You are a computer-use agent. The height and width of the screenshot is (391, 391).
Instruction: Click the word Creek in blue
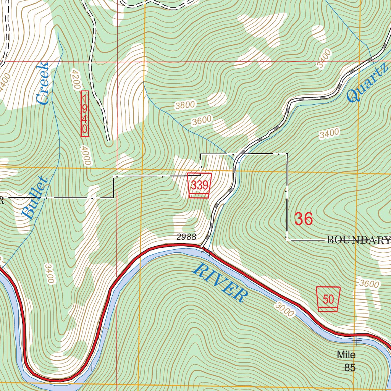pos(42,84)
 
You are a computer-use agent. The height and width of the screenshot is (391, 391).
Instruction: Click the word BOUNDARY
pos(359,240)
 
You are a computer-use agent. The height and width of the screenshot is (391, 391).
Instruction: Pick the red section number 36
pos(304,219)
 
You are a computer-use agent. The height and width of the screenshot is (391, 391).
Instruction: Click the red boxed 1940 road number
pos(85,113)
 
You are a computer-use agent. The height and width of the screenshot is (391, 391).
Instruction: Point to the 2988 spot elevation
pos(187,237)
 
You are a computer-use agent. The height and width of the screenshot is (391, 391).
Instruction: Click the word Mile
pos(346,355)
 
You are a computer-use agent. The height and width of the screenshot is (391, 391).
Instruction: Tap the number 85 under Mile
pos(350,368)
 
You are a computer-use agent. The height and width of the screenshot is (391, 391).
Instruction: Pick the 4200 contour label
pos(75,79)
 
